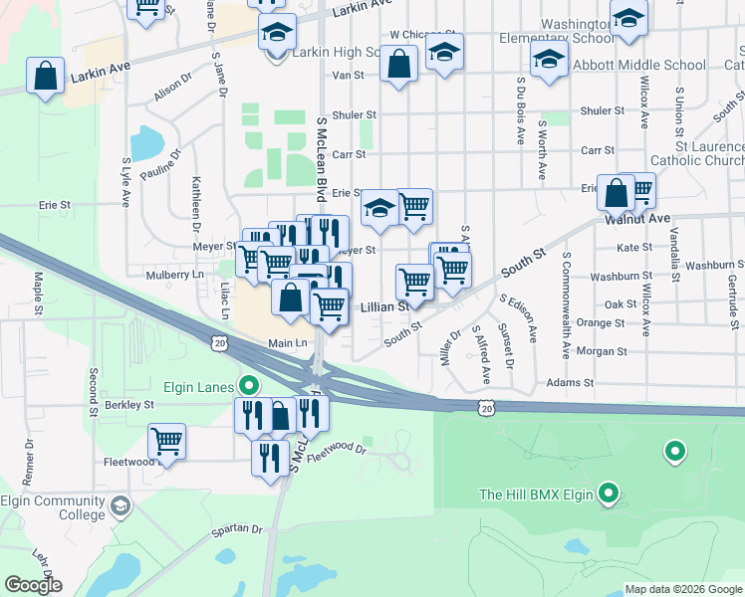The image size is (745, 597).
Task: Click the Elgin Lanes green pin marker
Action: pos(250,385)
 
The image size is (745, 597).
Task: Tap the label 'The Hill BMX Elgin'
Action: pos(536,494)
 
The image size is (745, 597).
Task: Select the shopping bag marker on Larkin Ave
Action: pos(46,77)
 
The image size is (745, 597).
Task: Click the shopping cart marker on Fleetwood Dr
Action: pos(167,442)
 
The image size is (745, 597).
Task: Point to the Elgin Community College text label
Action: pos(54,507)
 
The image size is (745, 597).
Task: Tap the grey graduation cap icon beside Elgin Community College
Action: pos(121,507)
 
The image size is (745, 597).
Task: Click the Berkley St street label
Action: pos(130,405)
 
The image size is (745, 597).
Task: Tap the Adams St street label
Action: pos(569,382)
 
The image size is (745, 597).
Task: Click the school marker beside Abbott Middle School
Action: pos(549,59)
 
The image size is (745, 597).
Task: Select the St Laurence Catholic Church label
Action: pos(697,153)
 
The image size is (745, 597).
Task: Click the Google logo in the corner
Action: pos(33,585)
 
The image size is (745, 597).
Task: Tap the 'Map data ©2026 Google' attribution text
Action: pos(683,589)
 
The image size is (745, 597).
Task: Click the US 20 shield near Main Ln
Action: pos(218,342)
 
